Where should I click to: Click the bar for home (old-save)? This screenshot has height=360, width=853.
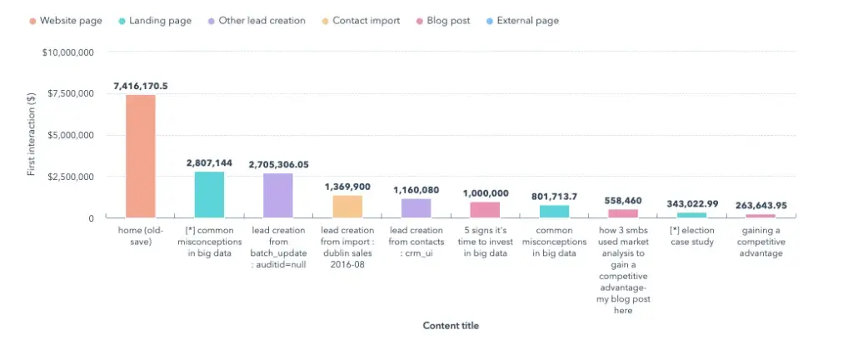tap(140, 156)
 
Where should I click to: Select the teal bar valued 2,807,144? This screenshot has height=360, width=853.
tap(209, 194)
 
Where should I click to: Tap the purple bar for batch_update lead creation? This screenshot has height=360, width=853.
tap(278, 195)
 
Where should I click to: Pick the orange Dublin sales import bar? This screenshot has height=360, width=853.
tap(347, 206)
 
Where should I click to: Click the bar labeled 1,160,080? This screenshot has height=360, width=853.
tap(416, 207)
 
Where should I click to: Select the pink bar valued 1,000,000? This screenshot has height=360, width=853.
tap(485, 209)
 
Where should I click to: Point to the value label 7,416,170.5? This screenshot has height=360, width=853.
tap(141, 86)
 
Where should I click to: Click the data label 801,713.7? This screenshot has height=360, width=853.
tap(554, 197)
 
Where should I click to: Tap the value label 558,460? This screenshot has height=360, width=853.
tap(623, 201)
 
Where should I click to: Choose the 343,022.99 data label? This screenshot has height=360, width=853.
tap(692, 204)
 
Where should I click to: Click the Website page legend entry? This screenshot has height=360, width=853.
tap(65, 21)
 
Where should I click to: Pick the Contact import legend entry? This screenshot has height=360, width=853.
tap(359, 21)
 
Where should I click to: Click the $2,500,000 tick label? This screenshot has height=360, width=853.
tap(70, 177)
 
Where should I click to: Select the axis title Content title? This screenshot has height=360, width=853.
tap(451, 326)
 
